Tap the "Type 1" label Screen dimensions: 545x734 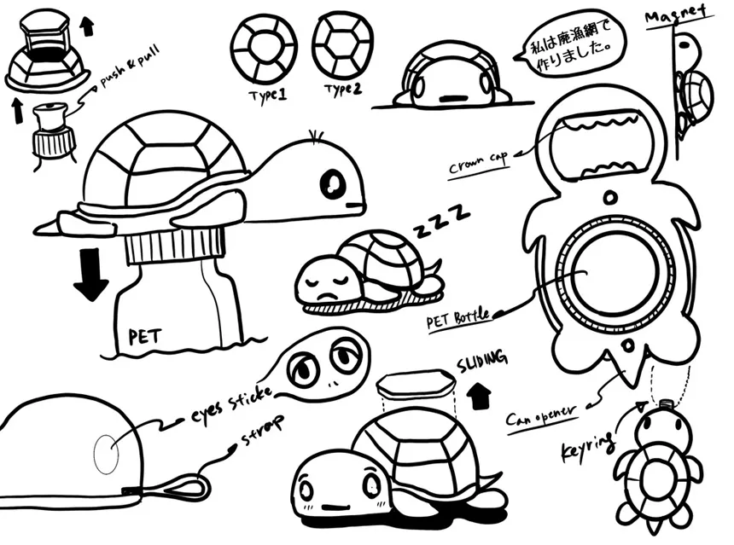pos(267,93)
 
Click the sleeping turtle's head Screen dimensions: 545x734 pos(325,281)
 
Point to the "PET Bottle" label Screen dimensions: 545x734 pos(458,320)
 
